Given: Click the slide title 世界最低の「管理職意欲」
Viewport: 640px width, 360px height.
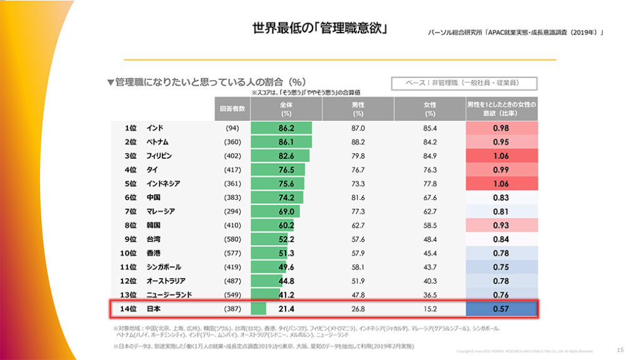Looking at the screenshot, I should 319,29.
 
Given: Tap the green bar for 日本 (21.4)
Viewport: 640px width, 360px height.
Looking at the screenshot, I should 259,309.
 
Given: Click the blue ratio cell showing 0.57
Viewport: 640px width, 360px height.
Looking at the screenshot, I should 501,309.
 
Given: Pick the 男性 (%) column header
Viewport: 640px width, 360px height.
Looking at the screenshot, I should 358,109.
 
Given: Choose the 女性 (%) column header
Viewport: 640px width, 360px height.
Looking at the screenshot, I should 429,109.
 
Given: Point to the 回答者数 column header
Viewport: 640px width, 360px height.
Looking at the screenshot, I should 232,109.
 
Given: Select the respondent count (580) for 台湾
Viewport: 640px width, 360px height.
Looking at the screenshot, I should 232,239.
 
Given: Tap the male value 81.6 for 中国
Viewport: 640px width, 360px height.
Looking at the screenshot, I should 358,197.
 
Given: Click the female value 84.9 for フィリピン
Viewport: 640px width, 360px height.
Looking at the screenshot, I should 429,156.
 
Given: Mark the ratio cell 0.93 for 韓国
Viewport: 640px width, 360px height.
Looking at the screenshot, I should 501,225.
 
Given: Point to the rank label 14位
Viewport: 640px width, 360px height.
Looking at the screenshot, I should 128,309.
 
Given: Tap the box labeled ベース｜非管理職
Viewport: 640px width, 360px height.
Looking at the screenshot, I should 464,82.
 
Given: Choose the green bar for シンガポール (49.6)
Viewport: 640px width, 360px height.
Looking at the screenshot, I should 268,267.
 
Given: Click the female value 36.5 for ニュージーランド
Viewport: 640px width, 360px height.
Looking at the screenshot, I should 429,294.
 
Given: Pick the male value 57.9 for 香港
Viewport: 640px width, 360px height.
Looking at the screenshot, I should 358,253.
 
